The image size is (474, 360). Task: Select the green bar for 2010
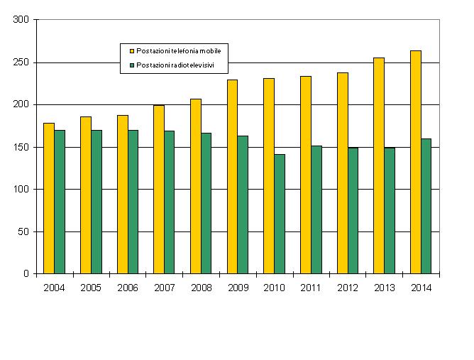(x=280, y=214)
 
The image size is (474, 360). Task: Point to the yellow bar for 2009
(x=232, y=176)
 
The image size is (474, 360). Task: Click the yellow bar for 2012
(x=342, y=173)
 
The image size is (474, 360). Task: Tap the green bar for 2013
(x=390, y=210)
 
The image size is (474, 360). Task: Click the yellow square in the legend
(x=131, y=51)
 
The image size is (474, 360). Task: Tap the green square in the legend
(x=131, y=65)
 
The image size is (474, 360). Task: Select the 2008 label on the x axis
(x=201, y=288)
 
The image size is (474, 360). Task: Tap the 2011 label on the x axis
(x=311, y=288)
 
